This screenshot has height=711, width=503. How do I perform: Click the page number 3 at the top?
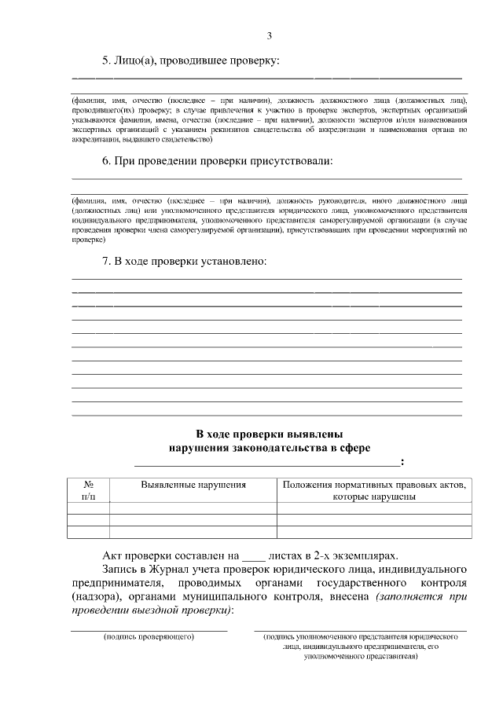(x=269, y=35)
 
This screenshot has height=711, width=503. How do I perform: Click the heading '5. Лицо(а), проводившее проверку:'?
(x=191, y=60)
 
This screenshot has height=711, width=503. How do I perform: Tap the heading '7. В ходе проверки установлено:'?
(x=185, y=261)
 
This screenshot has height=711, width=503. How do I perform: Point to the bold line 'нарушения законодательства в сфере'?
(x=269, y=448)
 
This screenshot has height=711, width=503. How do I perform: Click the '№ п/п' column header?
(x=89, y=491)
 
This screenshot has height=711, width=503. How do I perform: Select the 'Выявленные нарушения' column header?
(x=193, y=486)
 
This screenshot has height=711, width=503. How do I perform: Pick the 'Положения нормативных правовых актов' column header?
(x=373, y=486)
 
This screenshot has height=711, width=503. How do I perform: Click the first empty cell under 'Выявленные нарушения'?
(x=193, y=508)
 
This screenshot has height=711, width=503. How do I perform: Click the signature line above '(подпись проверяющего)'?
(x=149, y=630)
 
